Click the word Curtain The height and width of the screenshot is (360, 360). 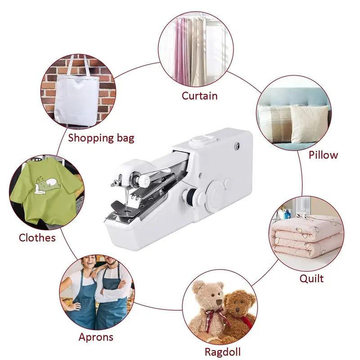point(199,96)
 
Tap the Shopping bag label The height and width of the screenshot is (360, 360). point(101,137)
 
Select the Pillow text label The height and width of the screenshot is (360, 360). point(323,155)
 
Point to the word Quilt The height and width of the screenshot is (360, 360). point(311,279)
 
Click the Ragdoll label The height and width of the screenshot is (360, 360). point(222,351)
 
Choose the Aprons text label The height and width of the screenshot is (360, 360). point(96,337)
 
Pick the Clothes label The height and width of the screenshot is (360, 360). point(37,237)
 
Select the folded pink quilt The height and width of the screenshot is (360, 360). point(306,236)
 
